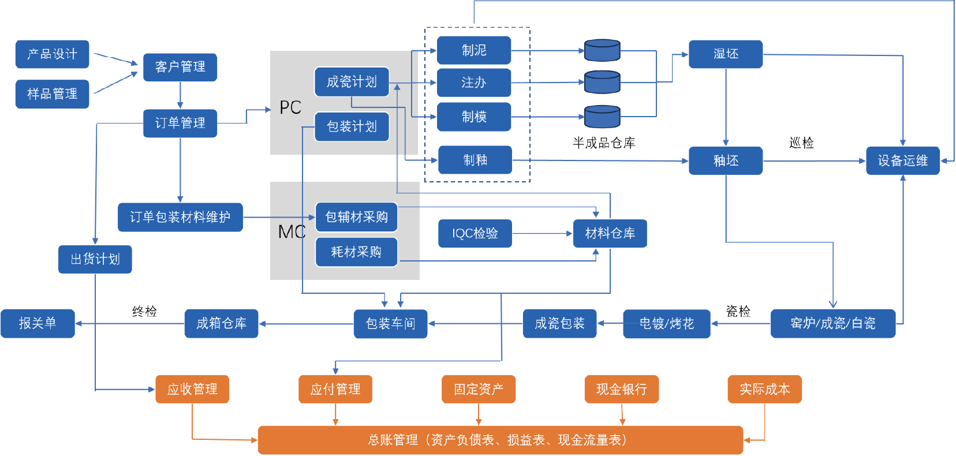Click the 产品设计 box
pyautogui.click(x=52, y=54)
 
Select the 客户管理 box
pyautogui.click(x=180, y=67)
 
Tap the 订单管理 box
pyautogui.click(x=180, y=123)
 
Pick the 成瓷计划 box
pyautogui.click(x=352, y=82)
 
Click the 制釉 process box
pyautogui.click(x=475, y=160)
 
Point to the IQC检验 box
pyautogui.click(x=475, y=233)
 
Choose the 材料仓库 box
pyautogui.click(x=610, y=233)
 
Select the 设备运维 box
pyautogui.click(x=902, y=160)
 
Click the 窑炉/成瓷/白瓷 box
pyautogui.click(x=832, y=323)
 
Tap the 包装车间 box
pyautogui.click(x=390, y=323)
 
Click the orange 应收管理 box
pyautogui.click(x=192, y=389)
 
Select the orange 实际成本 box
pyautogui.click(x=764, y=389)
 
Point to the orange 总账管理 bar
pyautogui.click(x=500, y=440)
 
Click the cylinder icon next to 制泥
pyautogui.click(x=602, y=51)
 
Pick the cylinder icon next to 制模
pyautogui.click(x=602, y=117)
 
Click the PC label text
pyautogui.click(x=290, y=107)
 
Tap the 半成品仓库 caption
pyautogui.click(x=604, y=143)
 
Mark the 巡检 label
pyautogui.click(x=801, y=143)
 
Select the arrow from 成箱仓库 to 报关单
pyautogui.click(x=130, y=323)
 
